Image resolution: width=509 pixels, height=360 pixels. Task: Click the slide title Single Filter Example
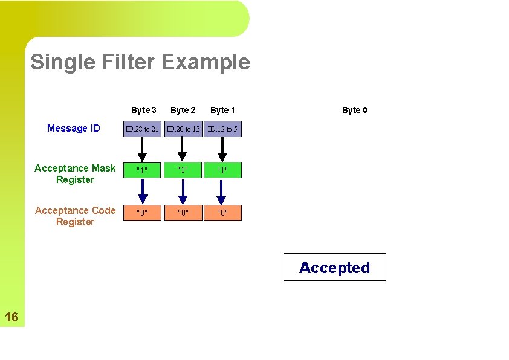click(140, 62)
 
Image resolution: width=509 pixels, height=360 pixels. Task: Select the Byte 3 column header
click(144, 110)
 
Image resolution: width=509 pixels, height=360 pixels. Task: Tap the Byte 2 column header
click(183, 110)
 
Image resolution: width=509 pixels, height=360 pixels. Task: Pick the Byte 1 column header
click(222, 110)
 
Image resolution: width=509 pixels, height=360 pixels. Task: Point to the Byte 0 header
click(354, 110)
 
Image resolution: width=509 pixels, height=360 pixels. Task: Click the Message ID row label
click(74, 128)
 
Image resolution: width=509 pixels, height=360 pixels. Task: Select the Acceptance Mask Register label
click(75, 174)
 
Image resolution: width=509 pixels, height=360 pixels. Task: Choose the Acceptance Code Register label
click(75, 216)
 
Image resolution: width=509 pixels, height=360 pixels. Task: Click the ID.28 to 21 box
click(142, 129)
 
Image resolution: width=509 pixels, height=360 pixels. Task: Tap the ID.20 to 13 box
click(183, 129)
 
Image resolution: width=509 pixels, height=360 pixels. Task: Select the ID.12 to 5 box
click(222, 129)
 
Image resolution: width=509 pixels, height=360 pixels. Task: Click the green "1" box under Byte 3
click(142, 170)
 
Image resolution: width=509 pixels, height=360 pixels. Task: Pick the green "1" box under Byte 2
click(183, 170)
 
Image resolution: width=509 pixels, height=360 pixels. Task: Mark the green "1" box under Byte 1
click(222, 170)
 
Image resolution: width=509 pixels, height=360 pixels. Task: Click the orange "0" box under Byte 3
click(142, 213)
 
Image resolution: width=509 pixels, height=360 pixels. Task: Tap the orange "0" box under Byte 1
click(222, 213)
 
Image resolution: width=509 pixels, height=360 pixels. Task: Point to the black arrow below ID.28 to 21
click(142, 149)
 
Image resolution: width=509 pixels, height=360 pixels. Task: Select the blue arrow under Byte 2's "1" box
click(183, 191)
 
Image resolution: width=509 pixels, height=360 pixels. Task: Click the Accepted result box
click(334, 267)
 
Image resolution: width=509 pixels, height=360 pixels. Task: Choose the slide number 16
click(11, 317)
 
